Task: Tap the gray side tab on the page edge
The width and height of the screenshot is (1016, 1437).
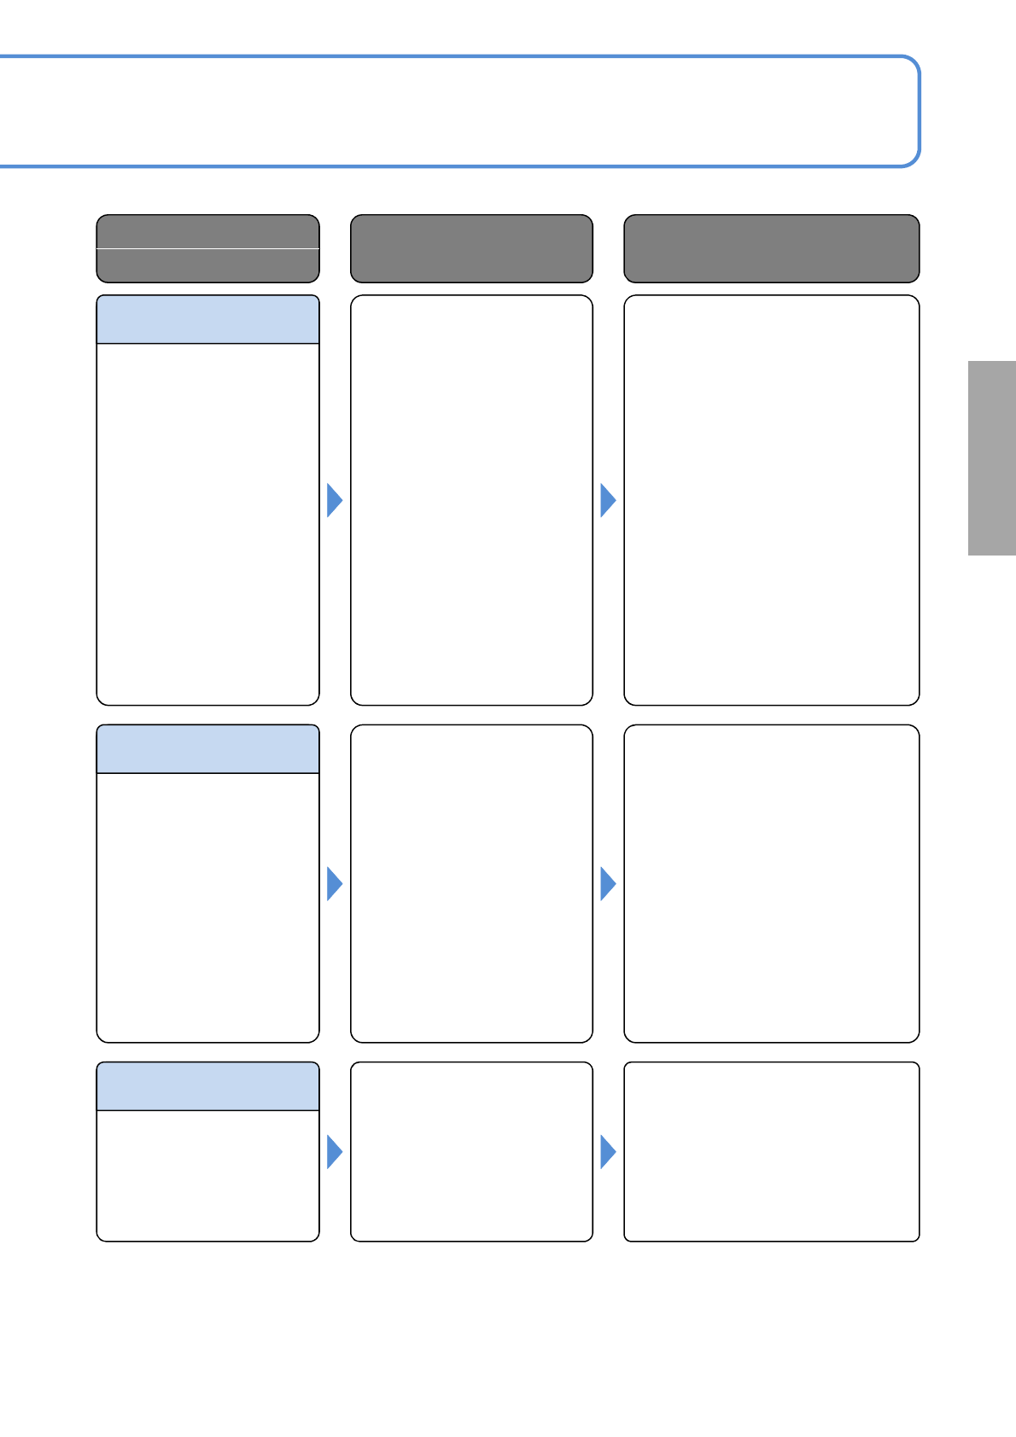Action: point(991,458)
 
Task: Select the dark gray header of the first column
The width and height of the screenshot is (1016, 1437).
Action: point(207,248)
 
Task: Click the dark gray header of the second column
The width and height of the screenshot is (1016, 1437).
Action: point(471,248)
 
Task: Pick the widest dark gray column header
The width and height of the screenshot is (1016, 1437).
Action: point(771,248)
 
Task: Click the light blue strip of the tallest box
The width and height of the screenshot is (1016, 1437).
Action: point(207,320)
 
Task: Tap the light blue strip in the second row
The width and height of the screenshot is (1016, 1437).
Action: point(207,749)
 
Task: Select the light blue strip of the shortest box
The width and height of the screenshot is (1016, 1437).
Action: point(207,1086)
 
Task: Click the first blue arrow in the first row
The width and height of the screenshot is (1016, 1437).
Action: point(334,500)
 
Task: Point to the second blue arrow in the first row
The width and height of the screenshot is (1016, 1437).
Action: point(607,500)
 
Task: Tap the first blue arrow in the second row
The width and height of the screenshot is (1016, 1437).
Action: point(334,884)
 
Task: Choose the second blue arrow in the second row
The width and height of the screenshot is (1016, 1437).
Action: point(607,884)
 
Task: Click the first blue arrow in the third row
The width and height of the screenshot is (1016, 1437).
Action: point(334,1152)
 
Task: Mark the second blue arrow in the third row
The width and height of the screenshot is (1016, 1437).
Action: point(607,1152)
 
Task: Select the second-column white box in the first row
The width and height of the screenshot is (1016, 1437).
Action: point(471,500)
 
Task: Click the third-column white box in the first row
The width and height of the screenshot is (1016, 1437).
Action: point(771,500)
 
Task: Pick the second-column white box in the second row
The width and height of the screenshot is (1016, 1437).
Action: point(471,884)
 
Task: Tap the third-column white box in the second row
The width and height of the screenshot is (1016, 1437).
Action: point(771,884)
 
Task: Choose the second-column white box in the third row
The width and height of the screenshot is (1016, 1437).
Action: point(471,1152)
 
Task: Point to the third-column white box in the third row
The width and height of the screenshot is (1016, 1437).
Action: point(771,1152)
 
